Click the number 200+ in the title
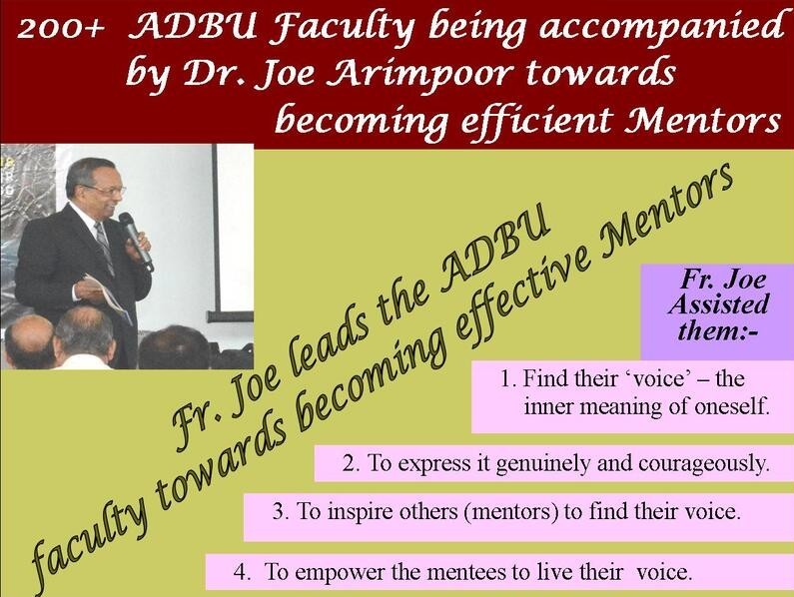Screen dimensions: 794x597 [60, 30]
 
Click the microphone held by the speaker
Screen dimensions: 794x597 [135, 240]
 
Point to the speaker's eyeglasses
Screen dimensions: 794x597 [106, 190]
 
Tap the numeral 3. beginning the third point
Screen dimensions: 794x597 [281, 511]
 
